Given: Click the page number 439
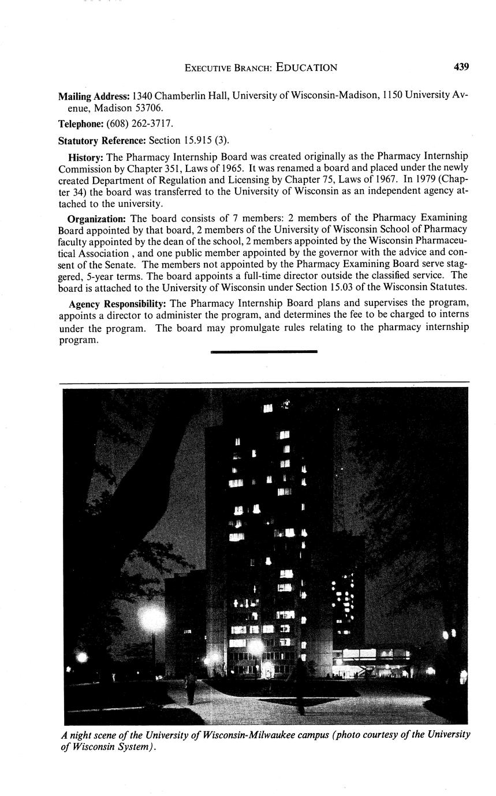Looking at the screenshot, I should click(461, 67).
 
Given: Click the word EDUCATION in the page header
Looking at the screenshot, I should click(306, 67).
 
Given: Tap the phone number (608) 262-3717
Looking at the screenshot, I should click(140, 124).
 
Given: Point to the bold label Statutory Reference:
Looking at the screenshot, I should click(102, 140).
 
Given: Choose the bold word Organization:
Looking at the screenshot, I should click(96, 218).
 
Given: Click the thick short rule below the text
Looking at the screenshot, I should click(264, 351).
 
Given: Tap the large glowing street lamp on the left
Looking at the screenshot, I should click(152, 620).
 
